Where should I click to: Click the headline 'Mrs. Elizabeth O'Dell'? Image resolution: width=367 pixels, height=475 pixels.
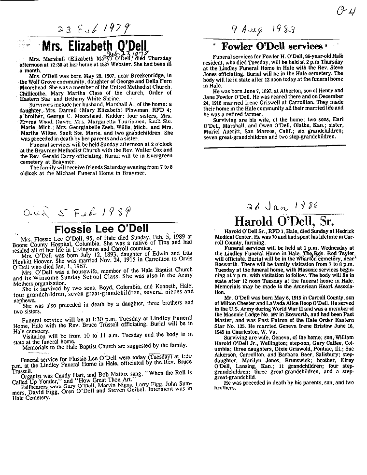pyautogui.click(x=94, y=46)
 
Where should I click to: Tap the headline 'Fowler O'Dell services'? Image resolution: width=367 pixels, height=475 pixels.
pyautogui.click(x=271, y=47)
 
